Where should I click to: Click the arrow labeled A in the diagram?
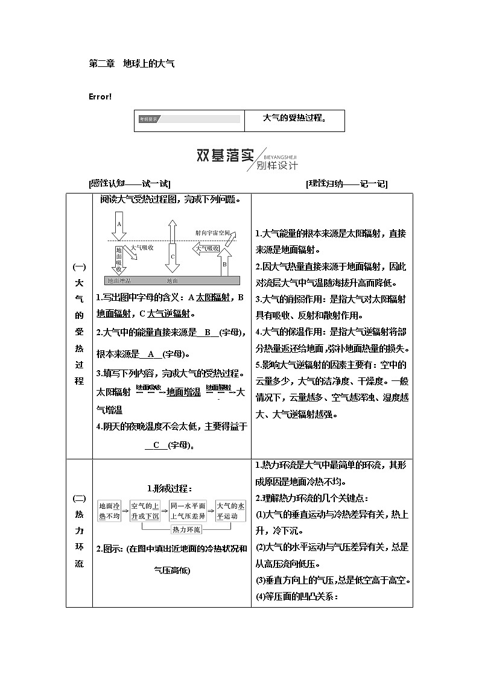click(x=119, y=225)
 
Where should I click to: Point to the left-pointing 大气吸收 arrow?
click(x=205, y=248)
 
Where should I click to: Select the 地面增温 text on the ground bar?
click(x=118, y=280)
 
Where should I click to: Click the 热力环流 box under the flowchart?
click(x=186, y=529)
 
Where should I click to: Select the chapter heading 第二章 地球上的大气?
click(x=132, y=63)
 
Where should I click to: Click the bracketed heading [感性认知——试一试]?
click(x=129, y=184)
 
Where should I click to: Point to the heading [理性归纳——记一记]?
click(x=346, y=184)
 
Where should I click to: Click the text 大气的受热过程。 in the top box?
click(x=294, y=118)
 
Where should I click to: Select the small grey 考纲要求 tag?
click(x=148, y=119)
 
